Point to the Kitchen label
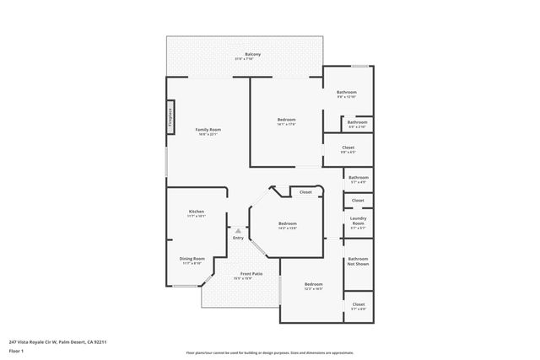[x=196, y=212]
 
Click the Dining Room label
[x=192, y=260]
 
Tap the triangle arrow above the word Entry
[x=238, y=230]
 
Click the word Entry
[x=238, y=238]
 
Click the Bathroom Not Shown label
[x=358, y=261]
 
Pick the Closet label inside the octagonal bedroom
[x=305, y=192]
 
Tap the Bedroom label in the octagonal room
[x=288, y=224]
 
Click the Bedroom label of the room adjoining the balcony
[x=287, y=121]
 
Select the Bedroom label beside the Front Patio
[x=314, y=285]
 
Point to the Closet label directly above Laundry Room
[x=358, y=201]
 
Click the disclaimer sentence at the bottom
[x=270, y=353]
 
